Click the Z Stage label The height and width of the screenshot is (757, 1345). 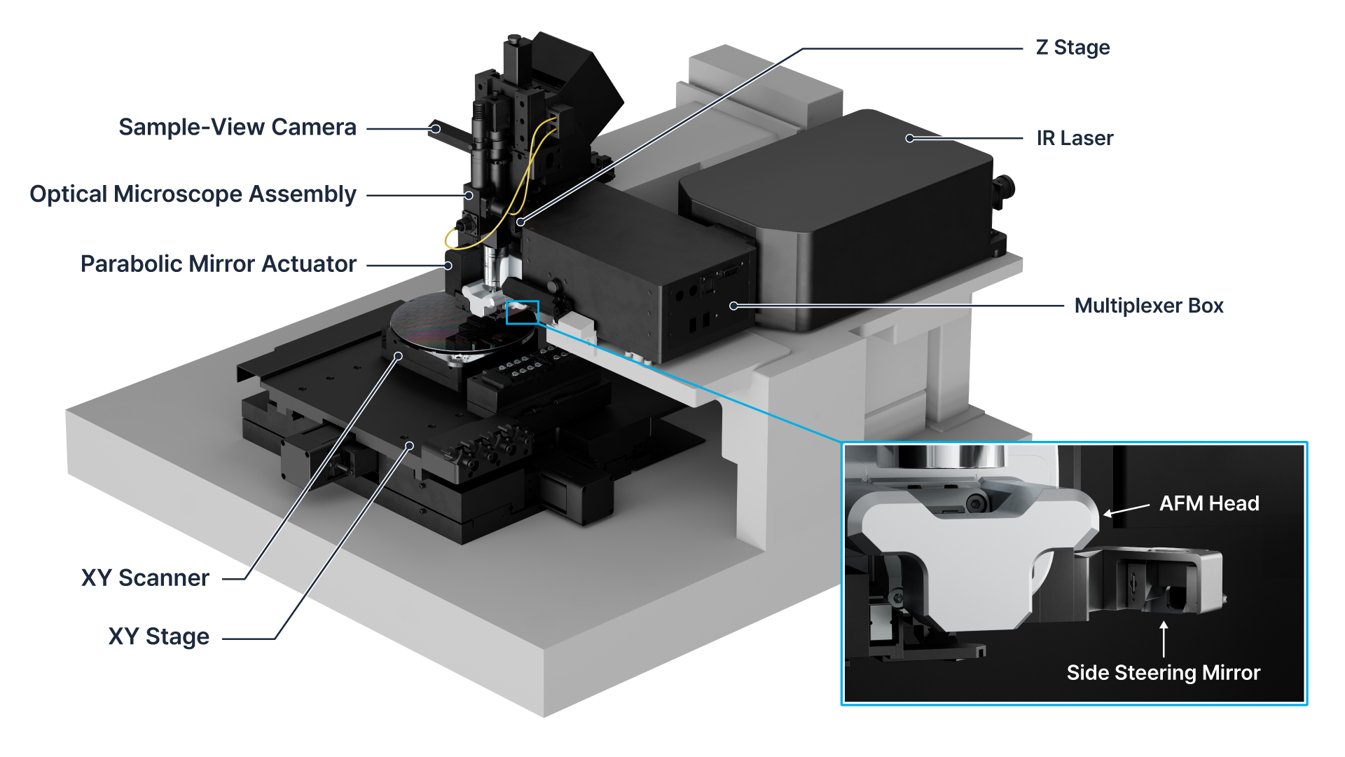click(1072, 48)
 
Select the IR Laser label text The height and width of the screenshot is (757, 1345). click(1075, 138)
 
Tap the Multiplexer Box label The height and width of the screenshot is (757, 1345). click(1148, 306)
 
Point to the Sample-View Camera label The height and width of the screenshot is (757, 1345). click(237, 127)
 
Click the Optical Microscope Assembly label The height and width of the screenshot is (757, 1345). click(193, 194)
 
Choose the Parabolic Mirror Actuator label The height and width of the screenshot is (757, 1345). click(219, 264)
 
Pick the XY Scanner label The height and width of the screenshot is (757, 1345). click(145, 578)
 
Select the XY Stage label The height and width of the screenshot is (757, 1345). click(158, 636)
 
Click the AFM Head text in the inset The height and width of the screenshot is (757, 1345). click(1208, 503)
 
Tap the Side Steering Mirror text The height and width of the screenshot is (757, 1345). click(1163, 673)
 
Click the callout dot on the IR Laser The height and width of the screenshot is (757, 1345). click(910, 138)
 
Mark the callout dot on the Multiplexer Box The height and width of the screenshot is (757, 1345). click(733, 306)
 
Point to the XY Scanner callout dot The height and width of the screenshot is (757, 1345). click(398, 356)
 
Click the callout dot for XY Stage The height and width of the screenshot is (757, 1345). click(410, 446)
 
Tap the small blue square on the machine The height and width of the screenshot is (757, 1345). click(523, 313)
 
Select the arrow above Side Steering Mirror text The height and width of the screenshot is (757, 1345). click(1164, 639)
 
